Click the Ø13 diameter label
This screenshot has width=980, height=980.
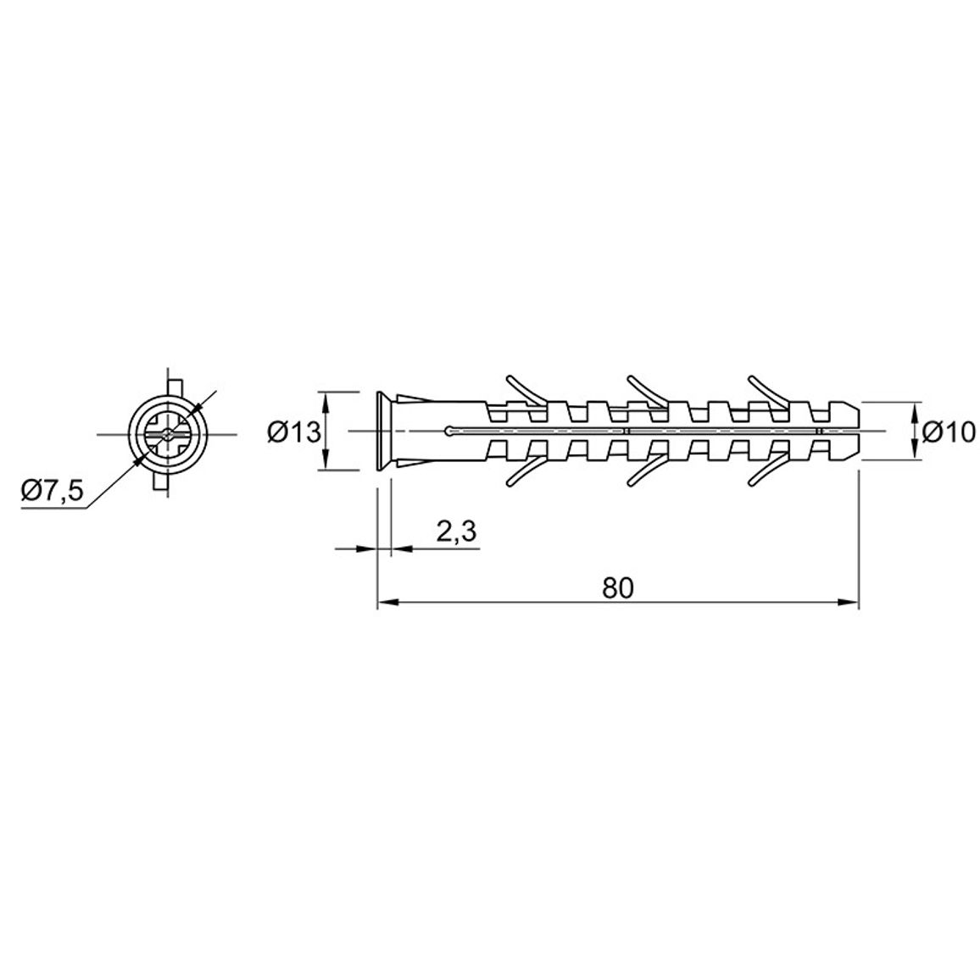[294, 432]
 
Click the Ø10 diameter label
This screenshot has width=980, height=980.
[949, 432]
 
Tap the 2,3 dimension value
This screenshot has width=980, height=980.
[456, 532]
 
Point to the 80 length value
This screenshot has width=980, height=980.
[618, 587]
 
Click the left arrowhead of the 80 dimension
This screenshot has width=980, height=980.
[388, 603]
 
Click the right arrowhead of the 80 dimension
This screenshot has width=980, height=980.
[848, 603]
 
